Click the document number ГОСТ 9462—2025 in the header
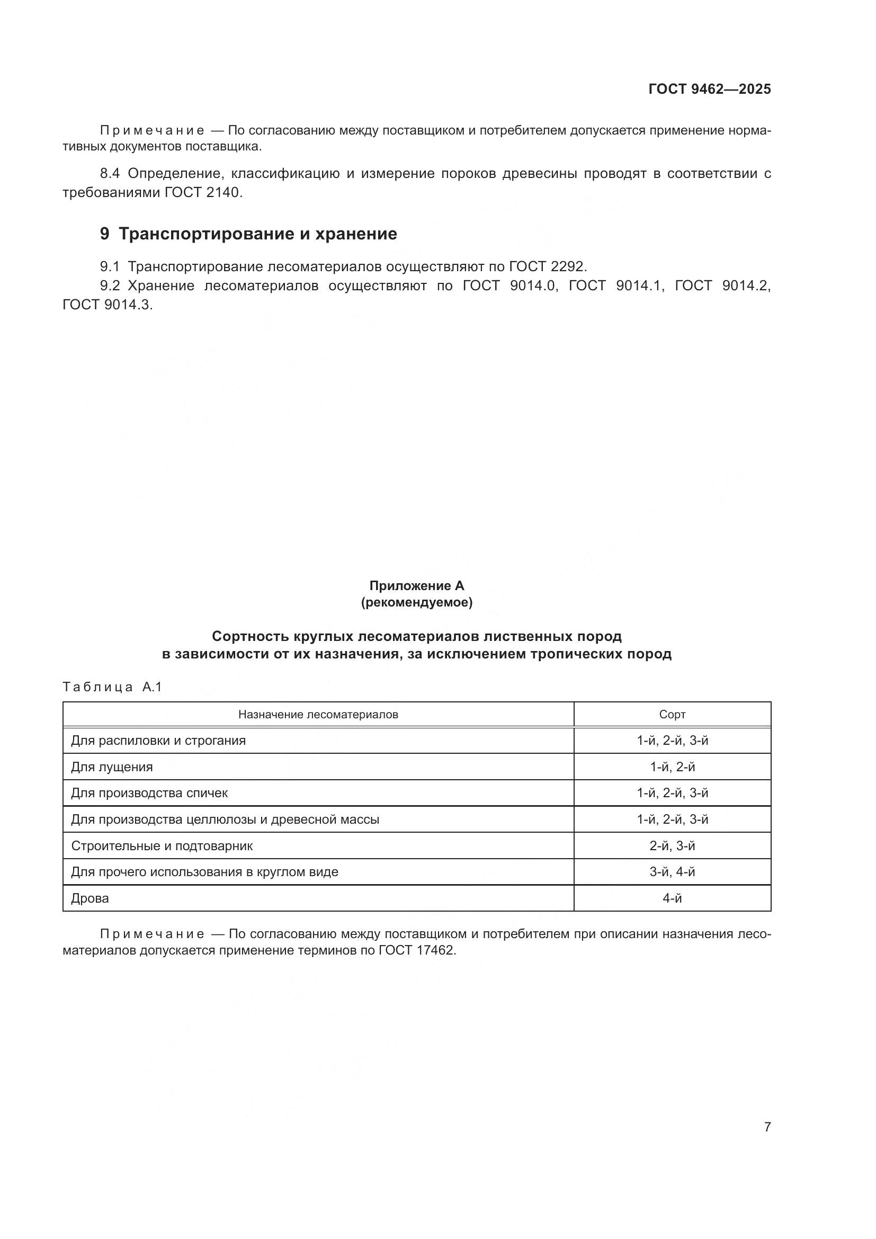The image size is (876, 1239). coord(709,89)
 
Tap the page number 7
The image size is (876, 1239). coord(767,1127)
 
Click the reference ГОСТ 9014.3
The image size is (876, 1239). coord(108,305)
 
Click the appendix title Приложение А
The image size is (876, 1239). coord(416,585)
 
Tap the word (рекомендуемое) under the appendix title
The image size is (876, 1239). coord(416,603)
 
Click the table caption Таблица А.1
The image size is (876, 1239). coord(112,687)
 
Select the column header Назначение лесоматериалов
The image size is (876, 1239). coord(318,715)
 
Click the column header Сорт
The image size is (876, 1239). coord(672,715)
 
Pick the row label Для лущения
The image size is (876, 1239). coord(112,767)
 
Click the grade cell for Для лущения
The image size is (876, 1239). coord(672,767)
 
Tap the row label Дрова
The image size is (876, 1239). coord(90,898)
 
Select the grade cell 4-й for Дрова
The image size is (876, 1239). coord(672,898)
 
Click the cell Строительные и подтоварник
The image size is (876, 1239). coord(162,845)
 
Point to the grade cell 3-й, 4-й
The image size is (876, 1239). coord(672,872)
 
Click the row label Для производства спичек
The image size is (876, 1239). coord(149,793)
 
